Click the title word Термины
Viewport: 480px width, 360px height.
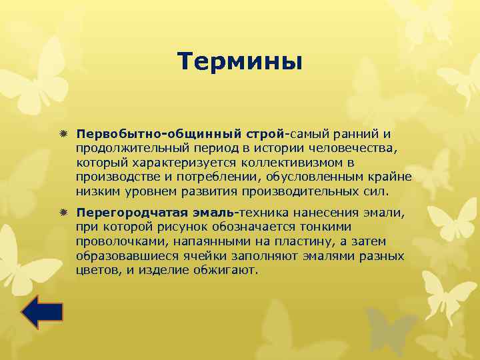click(x=240, y=62)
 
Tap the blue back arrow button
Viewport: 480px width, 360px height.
click(x=42, y=312)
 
